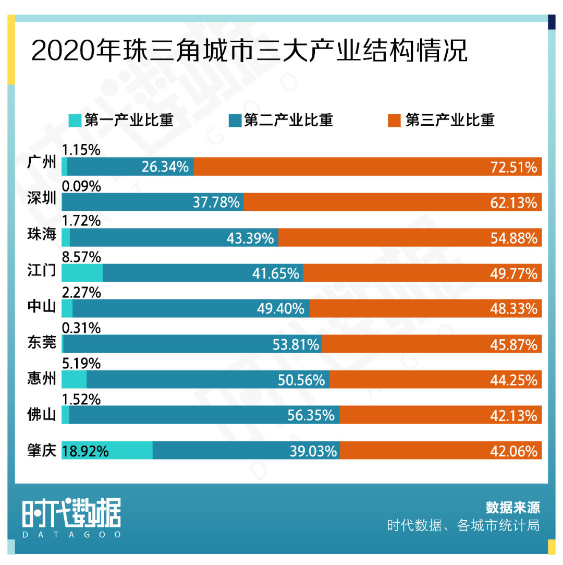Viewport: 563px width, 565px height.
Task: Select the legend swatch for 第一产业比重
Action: tap(75, 121)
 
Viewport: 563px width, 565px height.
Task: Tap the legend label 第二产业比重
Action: tap(288, 121)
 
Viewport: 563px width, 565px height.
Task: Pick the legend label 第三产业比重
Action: tap(449, 121)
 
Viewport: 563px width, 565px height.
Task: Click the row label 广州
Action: tap(41, 163)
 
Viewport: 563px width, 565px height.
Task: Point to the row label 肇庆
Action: tap(41, 450)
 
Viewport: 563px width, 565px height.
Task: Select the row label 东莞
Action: tap(41, 342)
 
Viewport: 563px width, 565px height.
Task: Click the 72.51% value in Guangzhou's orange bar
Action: tap(513, 167)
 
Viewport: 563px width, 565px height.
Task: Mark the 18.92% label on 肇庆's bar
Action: tap(85, 451)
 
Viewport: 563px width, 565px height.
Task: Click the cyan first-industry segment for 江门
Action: tap(82, 273)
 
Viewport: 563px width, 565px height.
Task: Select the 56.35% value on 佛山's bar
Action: tap(311, 415)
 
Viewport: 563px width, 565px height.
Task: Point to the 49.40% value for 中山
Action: tap(280, 309)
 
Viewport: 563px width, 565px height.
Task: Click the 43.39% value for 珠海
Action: tap(250, 238)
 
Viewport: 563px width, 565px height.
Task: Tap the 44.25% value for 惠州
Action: tap(513, 380)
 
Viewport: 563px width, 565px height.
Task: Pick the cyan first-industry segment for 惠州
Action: tap(74, 379)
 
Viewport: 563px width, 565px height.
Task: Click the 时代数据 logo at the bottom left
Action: tap(71, 512)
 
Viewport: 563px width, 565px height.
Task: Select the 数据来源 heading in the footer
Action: tap(512, 507)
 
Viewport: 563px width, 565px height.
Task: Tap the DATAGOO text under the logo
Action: tap(71, 535)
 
